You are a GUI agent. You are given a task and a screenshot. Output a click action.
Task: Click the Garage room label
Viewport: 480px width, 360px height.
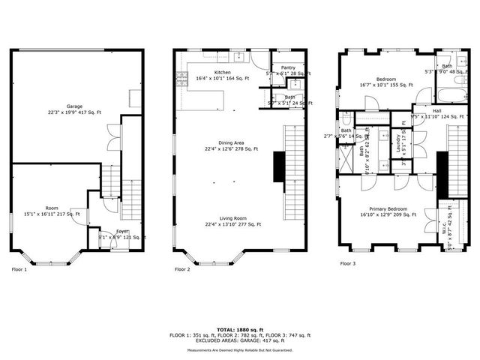click(x=73, y=106)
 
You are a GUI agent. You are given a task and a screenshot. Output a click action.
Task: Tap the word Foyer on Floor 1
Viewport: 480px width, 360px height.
click(x=122, y=232)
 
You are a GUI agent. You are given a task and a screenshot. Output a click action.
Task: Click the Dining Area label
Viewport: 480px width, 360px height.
click(x=230, y=142)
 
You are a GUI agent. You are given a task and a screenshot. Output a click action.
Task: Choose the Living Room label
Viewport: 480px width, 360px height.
click(x=230, y=217)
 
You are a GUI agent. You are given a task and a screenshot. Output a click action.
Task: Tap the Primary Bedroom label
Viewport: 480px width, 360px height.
click(x=388, y=209)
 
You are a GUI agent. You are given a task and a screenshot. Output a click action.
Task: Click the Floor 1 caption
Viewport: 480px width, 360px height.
click(x=19, y=268)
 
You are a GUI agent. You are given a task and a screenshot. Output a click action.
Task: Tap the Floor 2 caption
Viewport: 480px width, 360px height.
click(x=183, y=268)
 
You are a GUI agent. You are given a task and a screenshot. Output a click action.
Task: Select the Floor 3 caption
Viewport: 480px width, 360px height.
click(x=348, y=263)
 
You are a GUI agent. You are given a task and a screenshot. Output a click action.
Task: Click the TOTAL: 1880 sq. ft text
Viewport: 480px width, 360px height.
click(x=240, y=329)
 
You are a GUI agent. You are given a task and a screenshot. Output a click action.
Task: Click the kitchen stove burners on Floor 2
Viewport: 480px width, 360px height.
click(x=180, y=75)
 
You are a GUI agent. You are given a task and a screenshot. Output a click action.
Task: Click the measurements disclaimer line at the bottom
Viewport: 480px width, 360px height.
click(x=240, y=349)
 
